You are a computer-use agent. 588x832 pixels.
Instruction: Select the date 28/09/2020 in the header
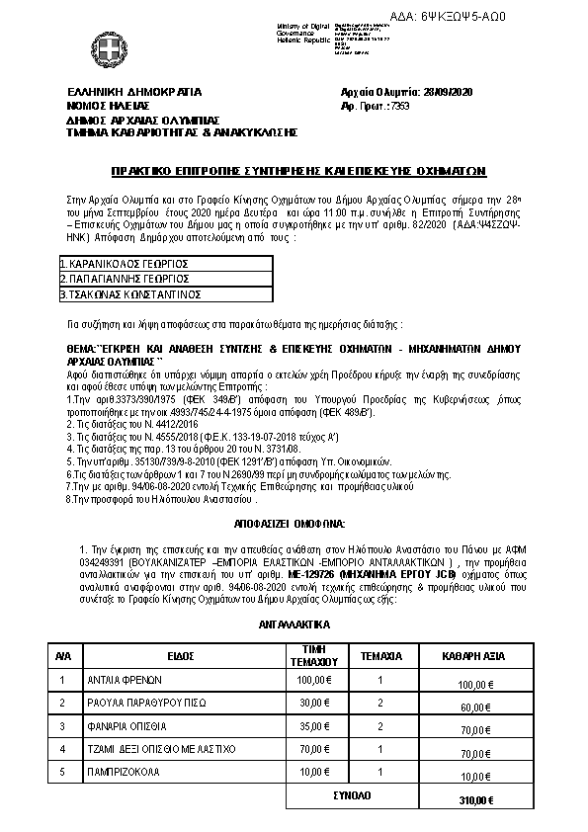click(433, 91)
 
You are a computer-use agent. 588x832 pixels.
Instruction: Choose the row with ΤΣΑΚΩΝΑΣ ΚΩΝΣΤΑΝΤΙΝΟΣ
click(130, 293)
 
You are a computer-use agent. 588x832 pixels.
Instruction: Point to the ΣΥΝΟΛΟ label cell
click(360, 794)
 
